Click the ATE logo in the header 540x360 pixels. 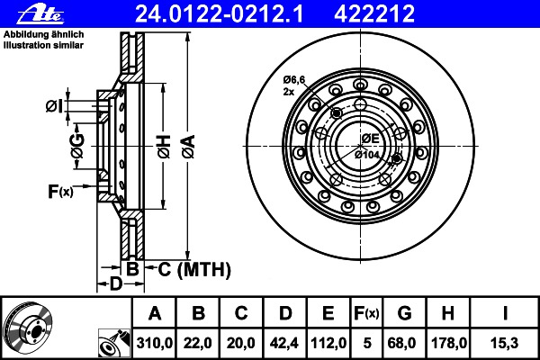(x=40, y=13)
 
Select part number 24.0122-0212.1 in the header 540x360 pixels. (x=219, y=13)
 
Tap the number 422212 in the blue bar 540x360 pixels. (x=374, y=13)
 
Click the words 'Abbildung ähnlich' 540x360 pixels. (x=44, y=34)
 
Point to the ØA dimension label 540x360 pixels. (x=189, y=147)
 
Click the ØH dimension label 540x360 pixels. (x=164, y=147)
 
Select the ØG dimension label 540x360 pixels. (x=77, y=146)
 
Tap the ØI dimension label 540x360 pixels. (x=55, y=106)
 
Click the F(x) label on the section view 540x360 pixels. (x=60, y=191)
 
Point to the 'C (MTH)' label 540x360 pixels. (x=194, y=269)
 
